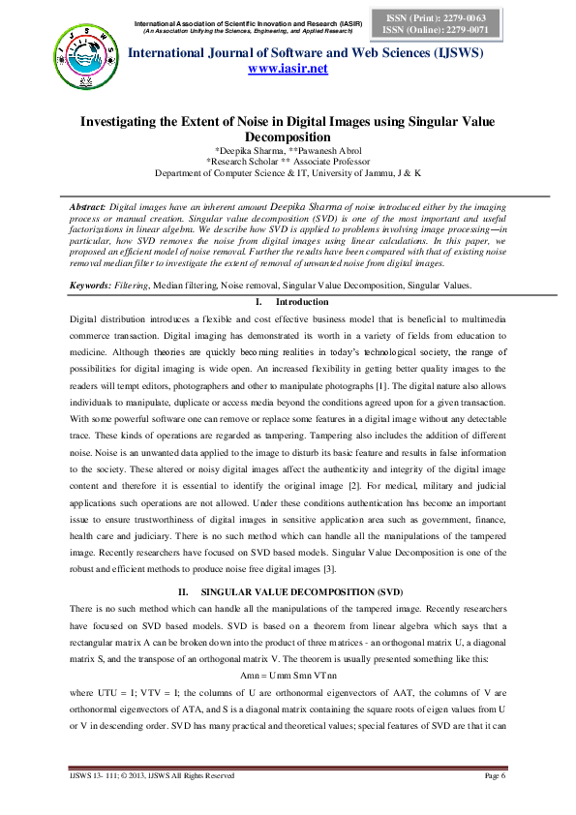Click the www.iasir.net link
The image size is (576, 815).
[x=288, y=69]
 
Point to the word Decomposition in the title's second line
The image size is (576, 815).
[x=288, y=138]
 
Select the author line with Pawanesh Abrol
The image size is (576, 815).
[x=288, y=152]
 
